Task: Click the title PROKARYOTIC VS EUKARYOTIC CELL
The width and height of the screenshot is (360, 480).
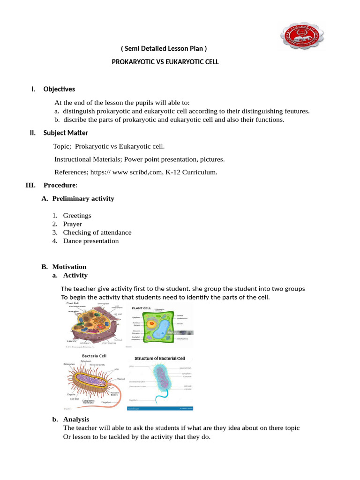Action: pyautogui.click(x=165, y=62)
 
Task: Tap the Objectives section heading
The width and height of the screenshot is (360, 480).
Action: pyautogui.click(x=59, y=89)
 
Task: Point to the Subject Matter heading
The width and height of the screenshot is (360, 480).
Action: pyautogui.click(x=66, y=133)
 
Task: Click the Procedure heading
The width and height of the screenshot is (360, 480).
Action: pyautogui.click(x=60, y=185)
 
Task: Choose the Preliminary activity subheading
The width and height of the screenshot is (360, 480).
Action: pyautogui.click(x=83, y=198)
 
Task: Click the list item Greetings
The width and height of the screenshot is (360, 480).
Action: pyautogui.click(x=77, y=216)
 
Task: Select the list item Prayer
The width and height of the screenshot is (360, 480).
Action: pyautogui.click(x=73, y=224)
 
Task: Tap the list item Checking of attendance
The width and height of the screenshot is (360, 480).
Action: pyautogui.click(x=97, y=232)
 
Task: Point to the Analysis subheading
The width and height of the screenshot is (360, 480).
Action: pyautogui.click(x=76, y=420)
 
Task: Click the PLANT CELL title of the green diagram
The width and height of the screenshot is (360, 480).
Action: pyautogui.click(x=141, y=308)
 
